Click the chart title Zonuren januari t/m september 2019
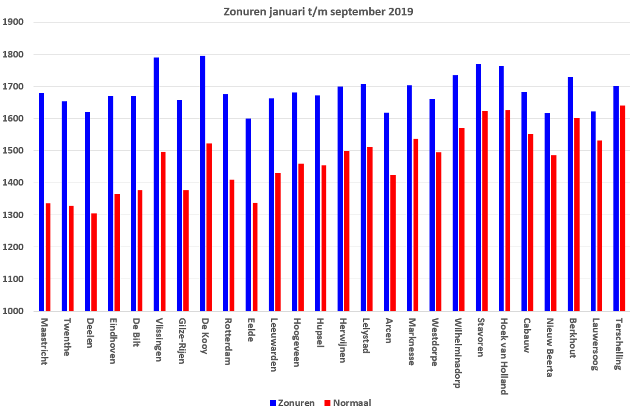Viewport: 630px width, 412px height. (x=318, y=11)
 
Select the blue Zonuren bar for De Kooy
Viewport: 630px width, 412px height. (x=202, y=184)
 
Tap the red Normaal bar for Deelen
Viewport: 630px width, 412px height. (x=94, y=262)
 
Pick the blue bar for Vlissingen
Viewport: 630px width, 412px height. (x=156, y=184)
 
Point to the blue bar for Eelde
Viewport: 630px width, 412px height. (x=249, y=215)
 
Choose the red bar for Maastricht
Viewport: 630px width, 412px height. (x=48, y=257)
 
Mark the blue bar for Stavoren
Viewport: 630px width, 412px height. (x=479, y=187)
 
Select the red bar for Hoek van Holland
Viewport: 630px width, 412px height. (x=508, y=210)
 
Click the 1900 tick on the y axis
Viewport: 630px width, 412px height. (x=13, y=22)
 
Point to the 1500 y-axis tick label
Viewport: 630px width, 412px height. (x=13, y=151)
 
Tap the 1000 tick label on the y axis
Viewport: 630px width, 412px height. (x=13, y=311)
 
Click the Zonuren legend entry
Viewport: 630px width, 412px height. (x=292, y=403)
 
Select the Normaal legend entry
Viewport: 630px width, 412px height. (x=348, y=403)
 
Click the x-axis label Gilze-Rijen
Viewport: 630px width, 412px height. (x=182, y=341)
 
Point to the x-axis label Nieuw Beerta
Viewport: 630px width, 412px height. (x=550, y=348)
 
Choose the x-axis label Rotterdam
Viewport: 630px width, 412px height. (x=227, y=341)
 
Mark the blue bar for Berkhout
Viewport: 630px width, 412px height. (x=571, y=194)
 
